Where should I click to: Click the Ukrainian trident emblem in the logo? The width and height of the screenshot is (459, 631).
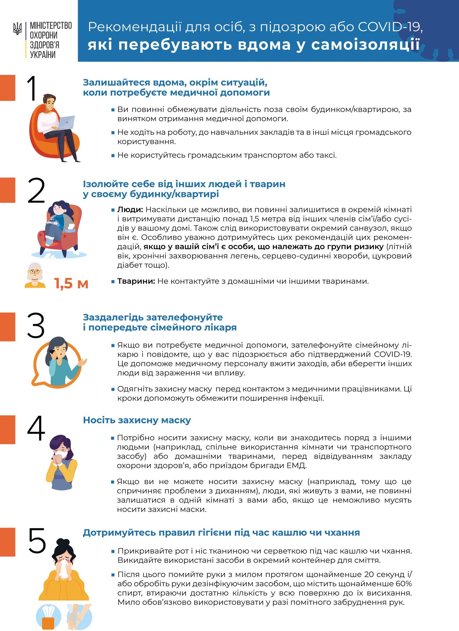[17, 29]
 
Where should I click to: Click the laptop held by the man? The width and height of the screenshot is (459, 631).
[67, 122]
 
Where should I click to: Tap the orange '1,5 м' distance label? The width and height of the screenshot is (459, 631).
[71, 283]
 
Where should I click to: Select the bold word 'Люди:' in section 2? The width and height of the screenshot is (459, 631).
[130, 210]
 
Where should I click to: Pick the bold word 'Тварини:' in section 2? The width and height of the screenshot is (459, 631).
[136, 281]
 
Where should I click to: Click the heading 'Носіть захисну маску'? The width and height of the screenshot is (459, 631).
[137, 420]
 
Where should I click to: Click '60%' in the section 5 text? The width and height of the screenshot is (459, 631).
[404, 584]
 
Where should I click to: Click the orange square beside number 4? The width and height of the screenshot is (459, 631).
[7, 429]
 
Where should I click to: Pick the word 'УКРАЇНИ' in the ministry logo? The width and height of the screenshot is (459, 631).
[43, 54]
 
